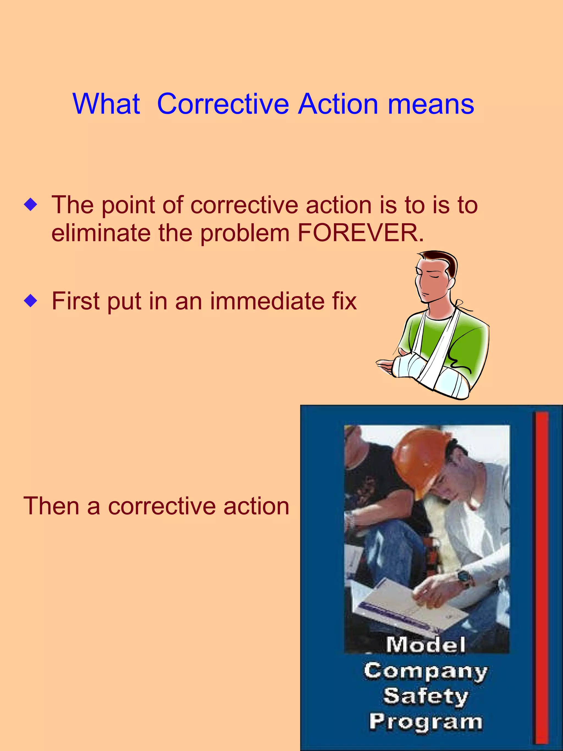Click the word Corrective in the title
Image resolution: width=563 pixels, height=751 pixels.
click(223, 104)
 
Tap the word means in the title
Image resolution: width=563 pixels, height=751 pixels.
click(431, 104)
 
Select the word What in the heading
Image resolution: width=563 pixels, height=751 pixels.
click(106, 104)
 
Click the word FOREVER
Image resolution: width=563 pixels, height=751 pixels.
click(361, 233)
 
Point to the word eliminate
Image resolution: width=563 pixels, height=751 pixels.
click(101, 233)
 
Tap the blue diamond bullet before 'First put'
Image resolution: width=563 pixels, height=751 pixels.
click(31, 301)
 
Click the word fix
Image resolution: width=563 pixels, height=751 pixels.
click(344, 301)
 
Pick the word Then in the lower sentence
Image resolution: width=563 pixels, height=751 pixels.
click(51, 506)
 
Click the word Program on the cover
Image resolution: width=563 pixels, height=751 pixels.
click(426, 722)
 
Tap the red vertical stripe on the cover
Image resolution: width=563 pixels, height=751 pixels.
click(542, 577)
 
